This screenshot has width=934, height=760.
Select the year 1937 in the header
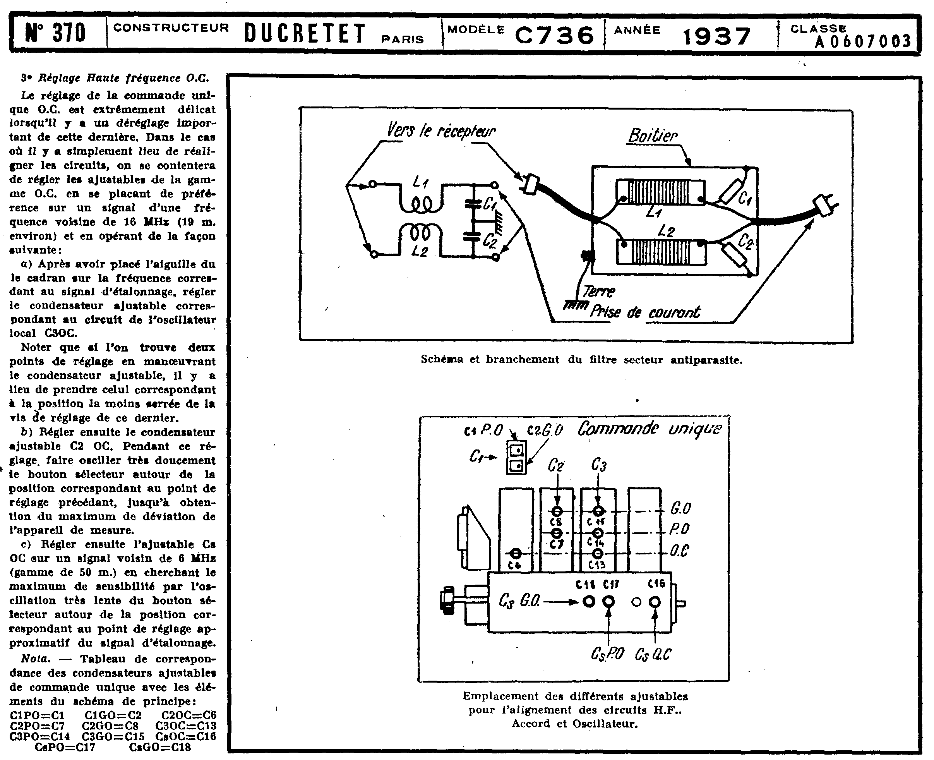(x=717, y=36)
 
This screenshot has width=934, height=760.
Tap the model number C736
(x=555, y=35)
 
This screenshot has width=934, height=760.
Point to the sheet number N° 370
(x=55, y=33)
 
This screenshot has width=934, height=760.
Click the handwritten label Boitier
(x=653, y=136)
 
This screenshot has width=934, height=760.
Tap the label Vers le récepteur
(x=441, y=130)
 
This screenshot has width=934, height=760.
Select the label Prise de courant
(x=645, y=312)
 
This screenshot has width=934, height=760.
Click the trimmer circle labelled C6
(x=516, y=553)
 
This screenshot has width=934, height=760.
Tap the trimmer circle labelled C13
(x=598, y=554)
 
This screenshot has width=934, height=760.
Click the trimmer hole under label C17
(x=608, y=602)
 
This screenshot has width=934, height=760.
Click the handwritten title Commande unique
(x=649, y=429)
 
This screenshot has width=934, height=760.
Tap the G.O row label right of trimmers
(x=680, y=509)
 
